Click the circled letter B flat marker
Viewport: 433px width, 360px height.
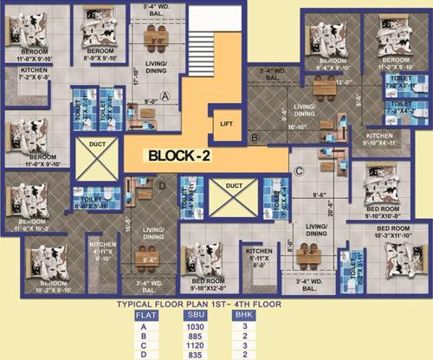(254, 137)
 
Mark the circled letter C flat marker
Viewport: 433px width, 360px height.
(296, 171)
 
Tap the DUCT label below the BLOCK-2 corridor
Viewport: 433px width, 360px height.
(233, 185)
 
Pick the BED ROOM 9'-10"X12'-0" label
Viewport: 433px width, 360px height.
(210, 284)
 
